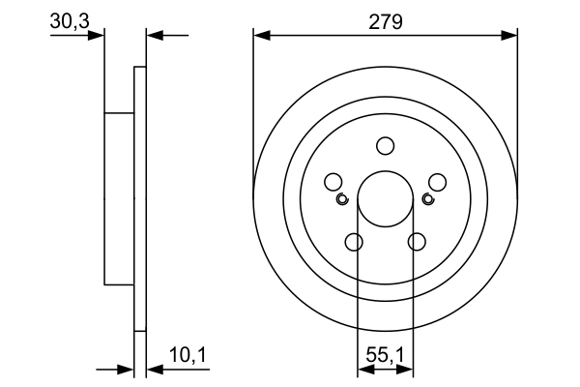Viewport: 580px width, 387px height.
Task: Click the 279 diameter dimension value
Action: point(385,20)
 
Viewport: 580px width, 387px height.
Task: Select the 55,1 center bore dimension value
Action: point(386,356)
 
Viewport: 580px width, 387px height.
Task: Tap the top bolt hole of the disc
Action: point(386,146)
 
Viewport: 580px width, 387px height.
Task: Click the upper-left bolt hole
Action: point(333,182)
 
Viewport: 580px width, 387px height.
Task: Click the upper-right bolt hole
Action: point(437,182)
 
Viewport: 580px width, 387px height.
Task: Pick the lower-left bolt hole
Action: point(354,242)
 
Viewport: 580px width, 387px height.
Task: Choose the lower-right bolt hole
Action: point(418,242)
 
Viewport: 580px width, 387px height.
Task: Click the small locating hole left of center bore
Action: point(342,199)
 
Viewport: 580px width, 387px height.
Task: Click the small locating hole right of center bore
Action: point(428,199)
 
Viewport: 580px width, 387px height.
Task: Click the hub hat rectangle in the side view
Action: point(119,199)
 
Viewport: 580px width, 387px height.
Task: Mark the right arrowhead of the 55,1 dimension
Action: point(407,369)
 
